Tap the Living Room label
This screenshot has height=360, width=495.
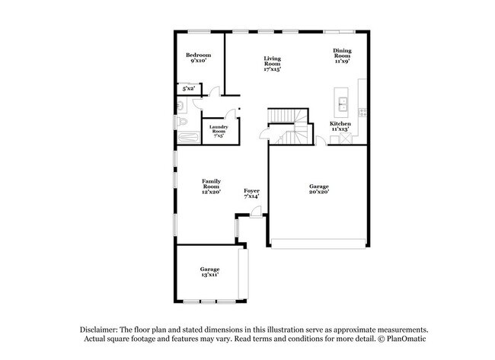pos(272,64)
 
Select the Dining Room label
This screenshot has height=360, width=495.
pos(342,56)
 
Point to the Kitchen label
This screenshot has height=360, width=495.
pos(340,126)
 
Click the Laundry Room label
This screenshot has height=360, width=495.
pos(219,131)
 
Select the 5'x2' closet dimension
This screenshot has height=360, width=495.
pos(183,89)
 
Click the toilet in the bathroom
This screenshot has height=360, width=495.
pos(180,121)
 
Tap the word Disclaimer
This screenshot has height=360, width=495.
pos(99,329)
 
